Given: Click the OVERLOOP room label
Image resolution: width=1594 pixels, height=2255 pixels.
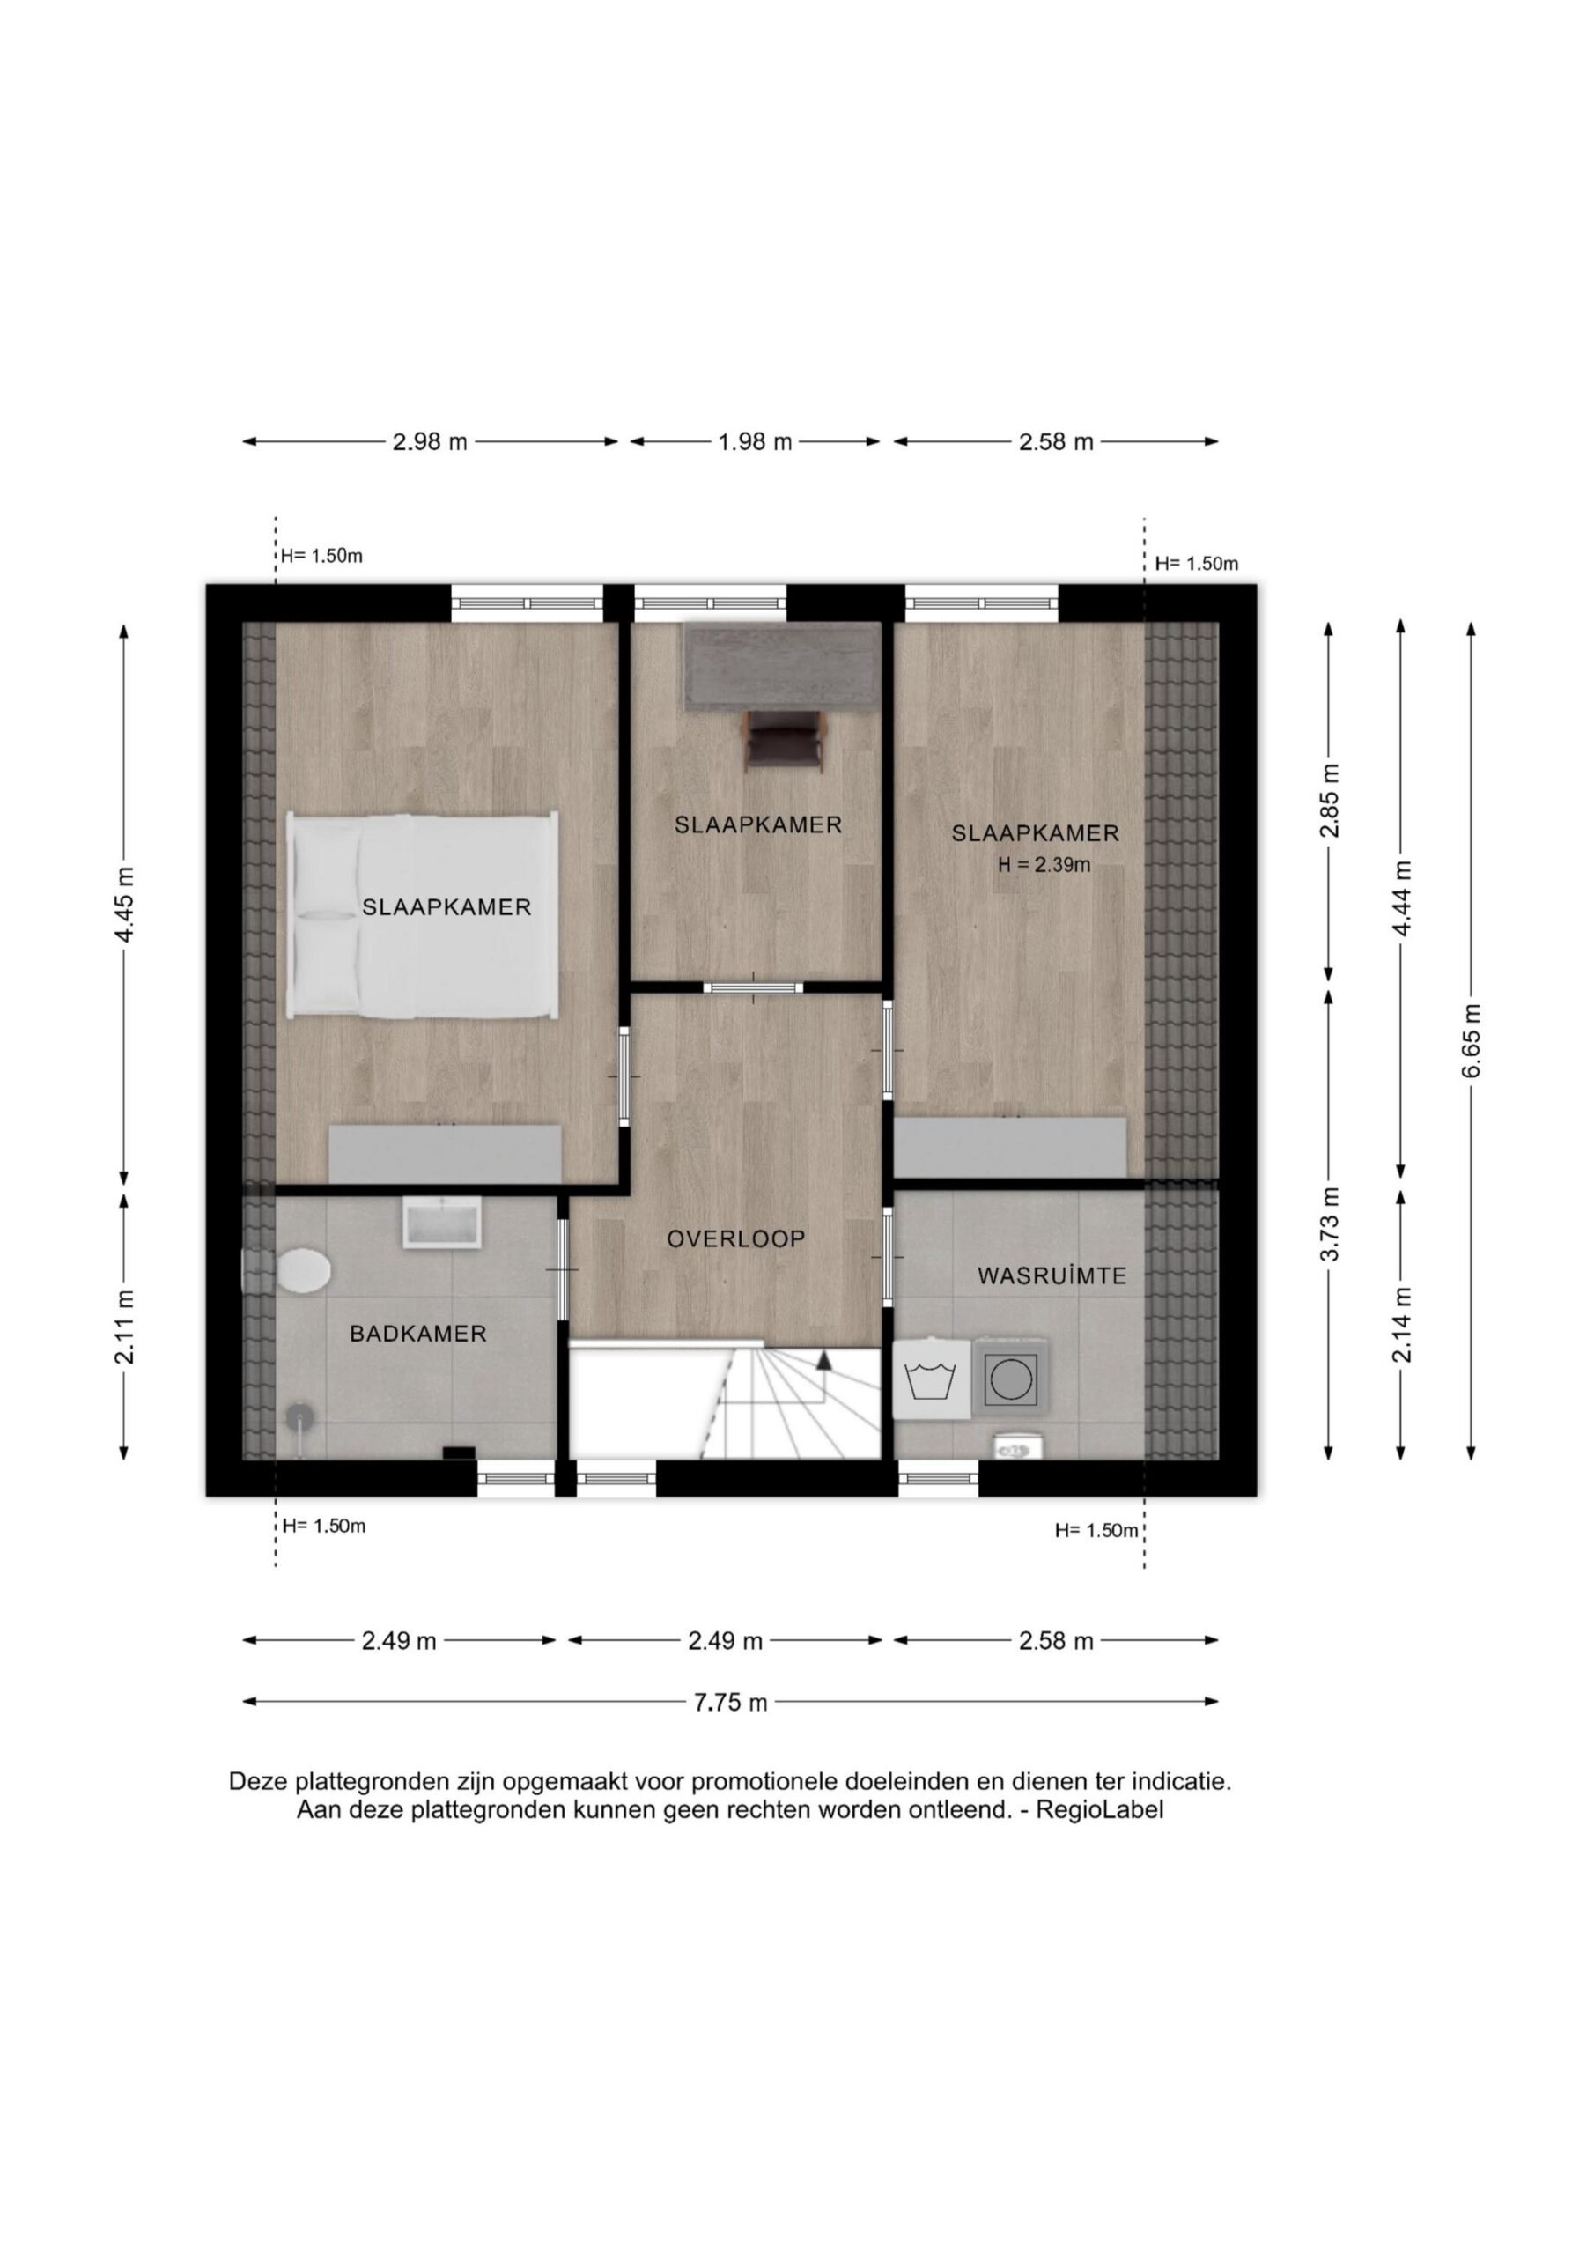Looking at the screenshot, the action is tap(735, 1239).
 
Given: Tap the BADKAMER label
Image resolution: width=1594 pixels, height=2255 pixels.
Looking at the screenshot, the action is tap(418, 1334).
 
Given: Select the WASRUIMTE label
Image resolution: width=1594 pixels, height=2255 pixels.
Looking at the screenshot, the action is tap(1052, 1275).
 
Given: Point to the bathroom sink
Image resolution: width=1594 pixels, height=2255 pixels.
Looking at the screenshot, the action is tap(442, 1223).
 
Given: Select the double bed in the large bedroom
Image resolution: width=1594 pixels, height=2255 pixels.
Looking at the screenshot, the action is tap(423, 914).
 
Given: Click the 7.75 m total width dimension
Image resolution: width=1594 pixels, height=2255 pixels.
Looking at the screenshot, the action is tap(731, 1702).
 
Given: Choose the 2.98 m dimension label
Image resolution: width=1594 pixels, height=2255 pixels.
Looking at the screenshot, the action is tap(430, 442).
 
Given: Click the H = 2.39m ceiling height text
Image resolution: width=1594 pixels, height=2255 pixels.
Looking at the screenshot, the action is tap(1044, 865).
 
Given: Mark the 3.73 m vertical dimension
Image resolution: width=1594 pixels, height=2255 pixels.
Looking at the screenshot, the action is tap(1329, 1224).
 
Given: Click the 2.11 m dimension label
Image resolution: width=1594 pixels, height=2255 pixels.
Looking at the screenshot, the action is tap(125, 1327).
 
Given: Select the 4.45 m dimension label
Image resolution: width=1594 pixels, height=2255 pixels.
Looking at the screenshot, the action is tap(125, 905).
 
